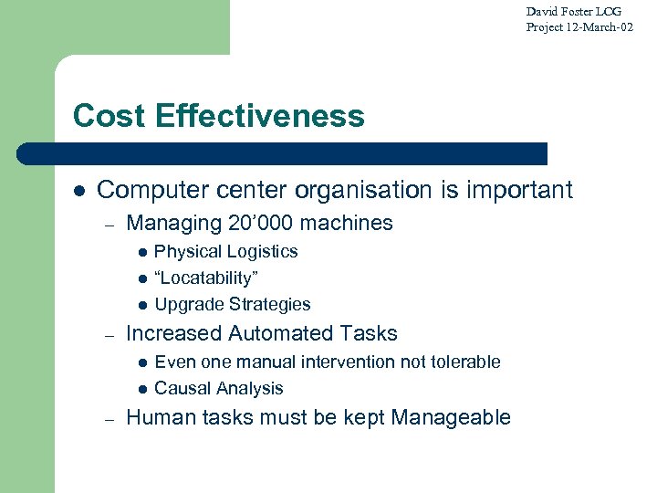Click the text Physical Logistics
pyautogui.click(x=226, y=251)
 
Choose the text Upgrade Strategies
pyautogui.click(x=233, y=304)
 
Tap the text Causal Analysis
pyautogui.click(x=219, y=388)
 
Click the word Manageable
pyautogui.click(x=451, y=417)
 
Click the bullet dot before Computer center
pyautogui.click(x=79, y=191)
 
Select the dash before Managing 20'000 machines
pyautogui.click(x=109, y=224)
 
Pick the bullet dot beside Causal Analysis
pyautogui.click(x=141, y=389)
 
